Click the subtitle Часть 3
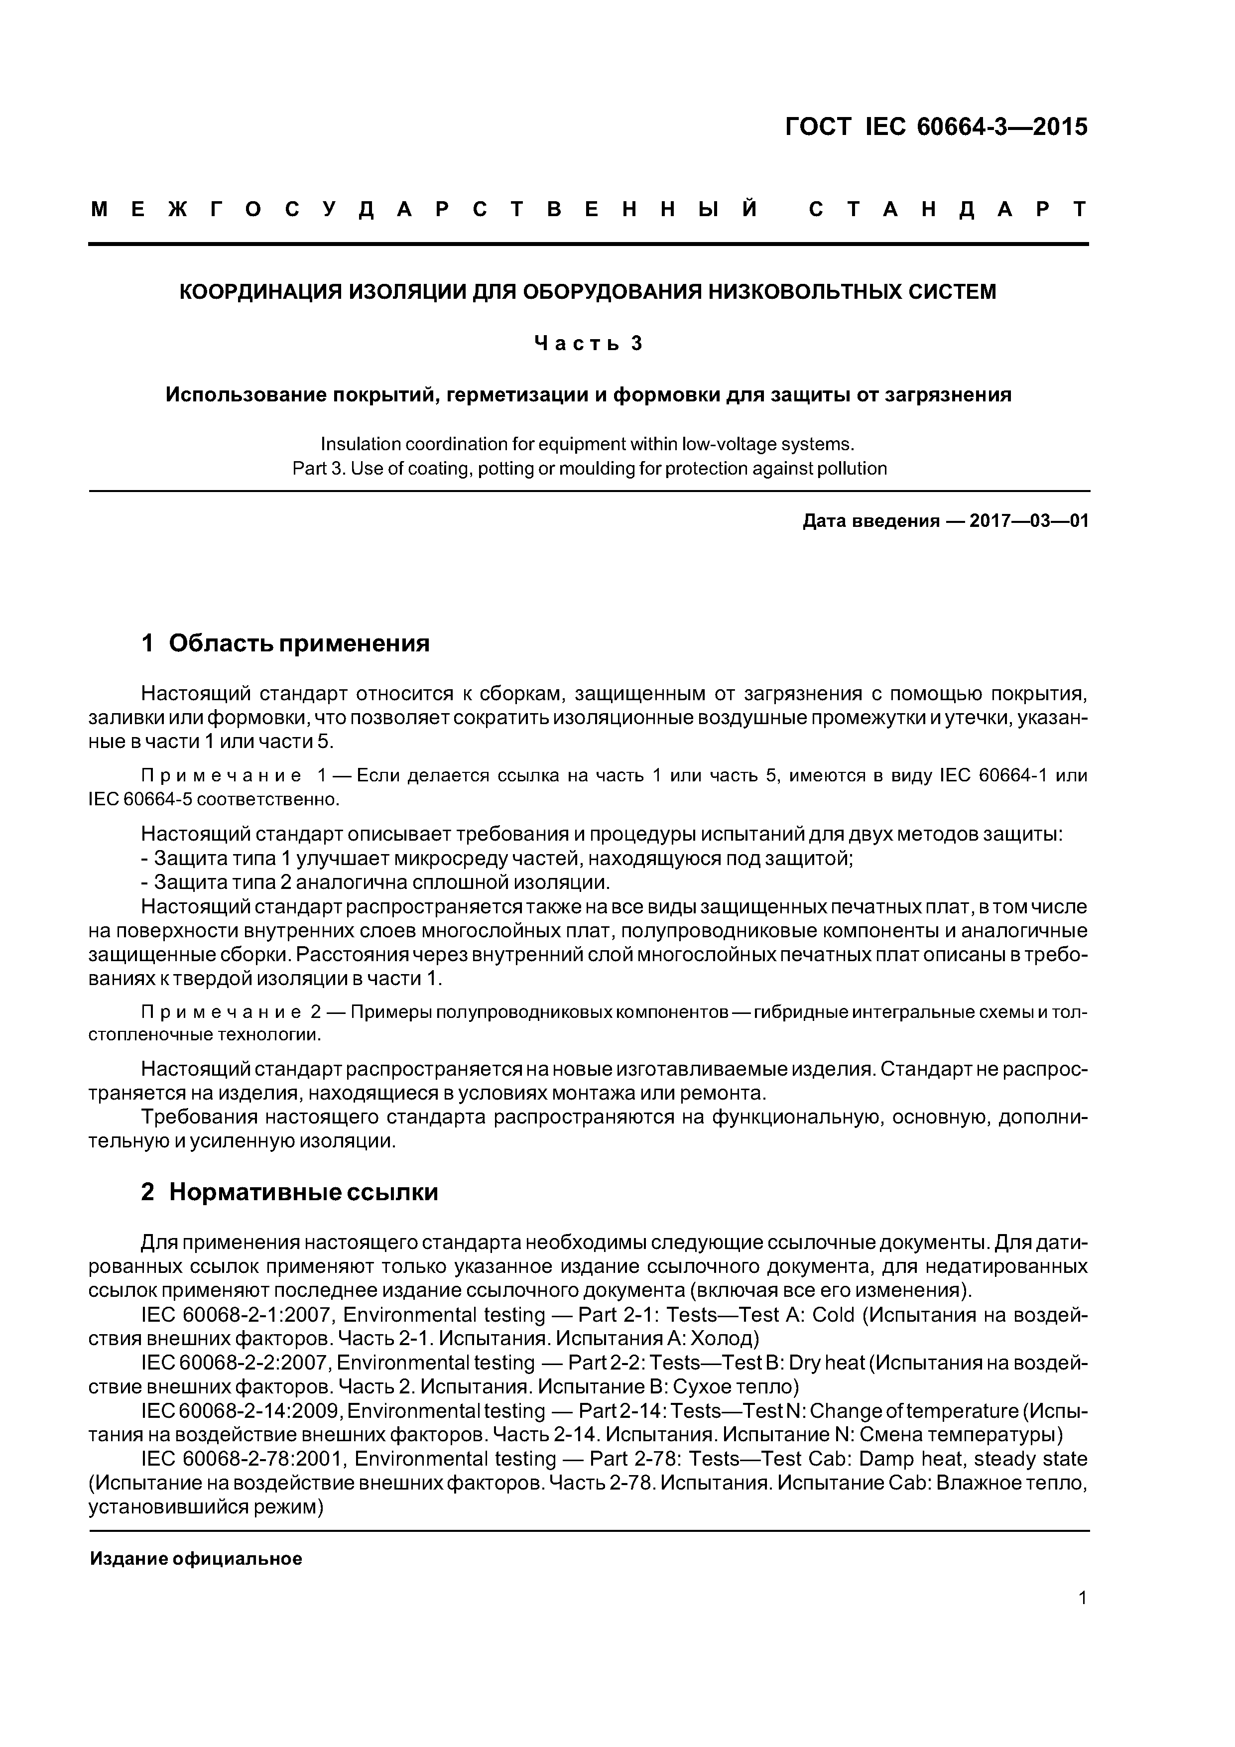click(x=588, y=344)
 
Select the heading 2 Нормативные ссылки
click(x=289, y=1192)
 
